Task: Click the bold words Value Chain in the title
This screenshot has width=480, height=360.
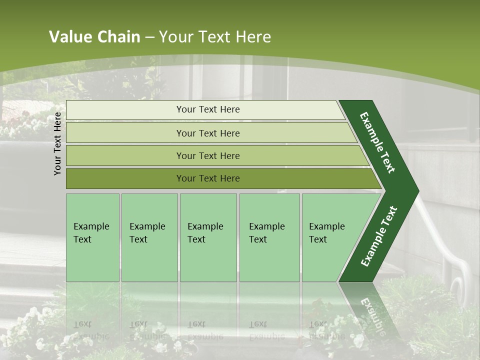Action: pos(94,37)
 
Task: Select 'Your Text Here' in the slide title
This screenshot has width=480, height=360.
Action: pos(215,37)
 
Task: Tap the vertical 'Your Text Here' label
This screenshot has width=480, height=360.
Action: pos(58,143)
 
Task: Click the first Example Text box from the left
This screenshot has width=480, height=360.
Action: pos(92,237)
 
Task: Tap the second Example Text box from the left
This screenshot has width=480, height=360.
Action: pos(149,237)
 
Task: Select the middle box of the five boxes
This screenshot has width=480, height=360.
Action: pos(208,237)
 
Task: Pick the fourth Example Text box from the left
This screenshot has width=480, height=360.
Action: pos(269,237)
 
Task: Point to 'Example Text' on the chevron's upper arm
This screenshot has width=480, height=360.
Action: pos(377,142)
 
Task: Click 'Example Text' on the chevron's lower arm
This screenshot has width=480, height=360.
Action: pos(379,236)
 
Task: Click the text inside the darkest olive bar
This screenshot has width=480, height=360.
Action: pos(208,178)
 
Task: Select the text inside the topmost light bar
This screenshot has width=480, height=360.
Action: pos(208,109)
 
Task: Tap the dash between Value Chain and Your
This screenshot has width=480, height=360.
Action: pos(149,37)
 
